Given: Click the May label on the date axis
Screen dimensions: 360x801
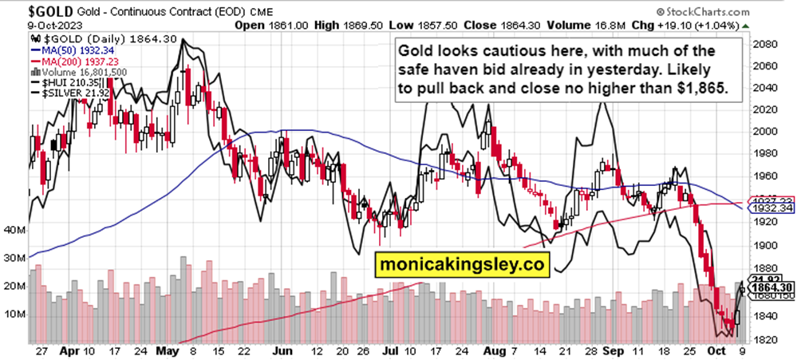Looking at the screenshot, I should tap(166, 350).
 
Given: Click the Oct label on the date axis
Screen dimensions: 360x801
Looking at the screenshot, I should tap(718, 350).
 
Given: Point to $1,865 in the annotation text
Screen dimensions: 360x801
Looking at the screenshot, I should tap(700, 89).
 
